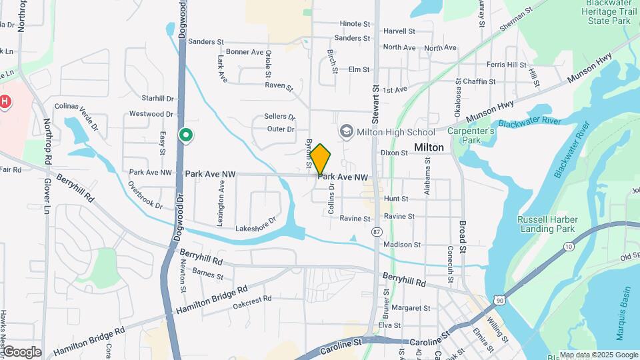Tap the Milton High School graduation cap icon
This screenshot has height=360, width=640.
(x=346, y=131)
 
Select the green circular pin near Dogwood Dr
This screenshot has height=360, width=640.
(x=186, y=136)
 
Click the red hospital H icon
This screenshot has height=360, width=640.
(x=5, y=102)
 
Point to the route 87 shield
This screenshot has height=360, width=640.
(x=378, y=231)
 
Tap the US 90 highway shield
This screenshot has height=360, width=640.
(x=500, y=301)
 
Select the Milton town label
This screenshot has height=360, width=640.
(x=429, y=147)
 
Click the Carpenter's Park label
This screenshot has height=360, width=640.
(x=471, y=136)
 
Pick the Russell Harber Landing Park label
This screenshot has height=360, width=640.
(x=546, y=225)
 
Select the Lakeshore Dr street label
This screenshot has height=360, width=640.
(x=255, y=225)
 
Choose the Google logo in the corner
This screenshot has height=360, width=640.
(x=21, y=352)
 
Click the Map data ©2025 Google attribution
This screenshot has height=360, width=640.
(x=599, y=355)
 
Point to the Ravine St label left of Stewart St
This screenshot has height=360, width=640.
(x=355, y=219)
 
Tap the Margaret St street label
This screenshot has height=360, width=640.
(x=411, y=308)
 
